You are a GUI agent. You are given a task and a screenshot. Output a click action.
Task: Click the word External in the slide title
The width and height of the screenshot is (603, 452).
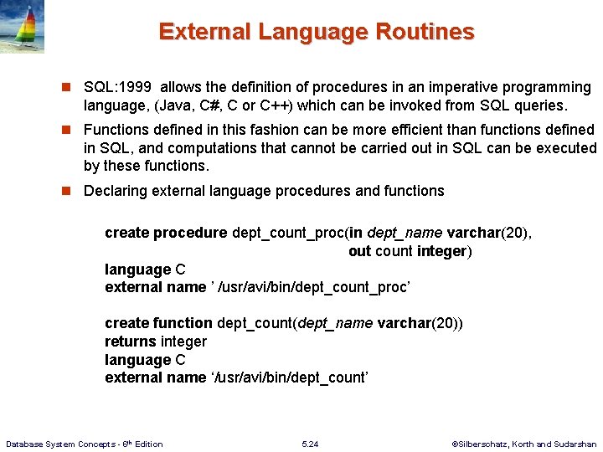point(204,32)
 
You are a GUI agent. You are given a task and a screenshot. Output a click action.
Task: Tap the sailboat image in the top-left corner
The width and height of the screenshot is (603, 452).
point(22,27)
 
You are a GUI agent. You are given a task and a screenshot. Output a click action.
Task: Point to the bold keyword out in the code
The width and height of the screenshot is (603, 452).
point(359,251)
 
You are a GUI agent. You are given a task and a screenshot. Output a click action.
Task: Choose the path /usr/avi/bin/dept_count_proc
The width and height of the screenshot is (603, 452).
point(313,287)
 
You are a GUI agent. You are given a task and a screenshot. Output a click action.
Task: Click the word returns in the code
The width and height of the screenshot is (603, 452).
point(131,342)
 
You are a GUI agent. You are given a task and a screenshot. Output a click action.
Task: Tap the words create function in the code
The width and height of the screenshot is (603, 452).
point(158,323)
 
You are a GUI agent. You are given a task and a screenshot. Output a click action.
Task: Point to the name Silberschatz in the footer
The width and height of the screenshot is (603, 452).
point(484,444)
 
